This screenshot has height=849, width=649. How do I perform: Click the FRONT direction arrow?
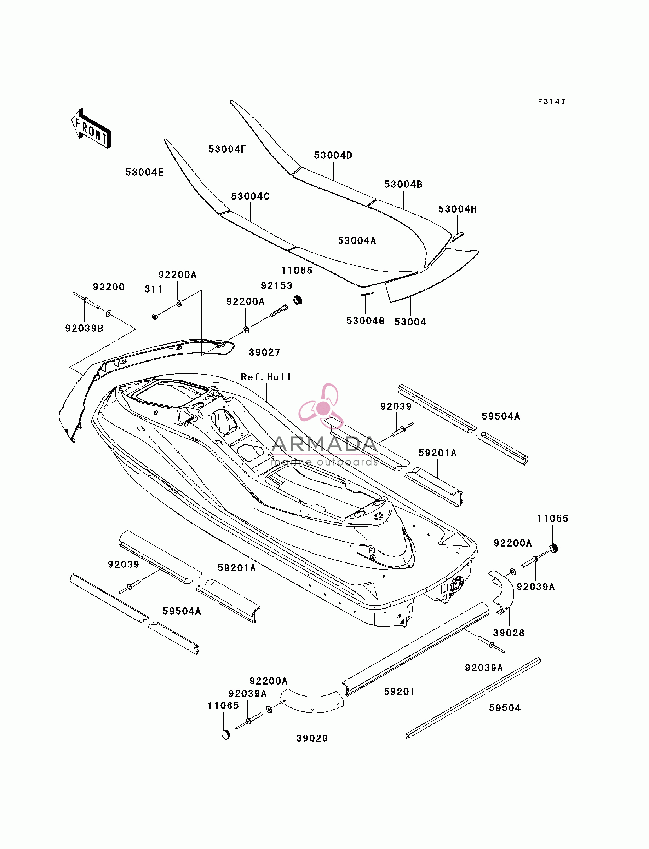[91, 128]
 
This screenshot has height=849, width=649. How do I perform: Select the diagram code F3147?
[552, 102]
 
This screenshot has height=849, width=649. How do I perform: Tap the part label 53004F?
[227, 149]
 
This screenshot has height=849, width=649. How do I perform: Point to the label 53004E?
[144, 172]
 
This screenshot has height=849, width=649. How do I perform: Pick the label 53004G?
[366, 321]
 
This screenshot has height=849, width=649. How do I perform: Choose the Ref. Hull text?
[266, 377]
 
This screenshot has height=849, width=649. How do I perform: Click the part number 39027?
[265, 352]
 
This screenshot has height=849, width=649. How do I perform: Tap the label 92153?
[277, 286]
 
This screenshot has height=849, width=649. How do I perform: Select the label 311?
[153, 289]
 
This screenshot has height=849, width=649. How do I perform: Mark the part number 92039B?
[84, 328]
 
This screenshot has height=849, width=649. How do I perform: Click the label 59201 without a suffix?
[399, 692]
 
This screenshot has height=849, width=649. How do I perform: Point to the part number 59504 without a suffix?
[505, 708]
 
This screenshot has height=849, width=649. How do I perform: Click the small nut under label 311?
[155, 317]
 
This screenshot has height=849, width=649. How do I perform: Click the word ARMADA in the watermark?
[324, 444]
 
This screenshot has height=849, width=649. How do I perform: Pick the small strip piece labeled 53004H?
[457, 237]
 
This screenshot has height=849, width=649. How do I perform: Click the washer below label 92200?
[109, 313]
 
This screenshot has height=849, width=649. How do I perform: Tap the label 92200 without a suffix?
[109, 287]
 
